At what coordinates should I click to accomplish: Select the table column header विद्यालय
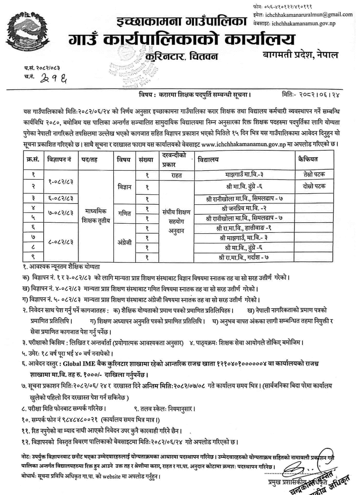pyautogui.click(x=208, y=159)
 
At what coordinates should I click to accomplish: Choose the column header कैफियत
pyautogui.click(x=308, y=159)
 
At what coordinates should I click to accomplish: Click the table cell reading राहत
pyautogui.click(x=176, y=175)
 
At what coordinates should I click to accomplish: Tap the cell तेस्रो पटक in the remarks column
pyautogui.click(x=314, y=174)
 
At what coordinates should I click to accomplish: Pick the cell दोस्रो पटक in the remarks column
pyautogui.click(x=314, y=186)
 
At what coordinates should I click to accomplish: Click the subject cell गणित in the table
pyautogui.click(x=124, y=213)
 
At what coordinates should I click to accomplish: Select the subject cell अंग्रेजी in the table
pyautogui.click(x=124, y=242)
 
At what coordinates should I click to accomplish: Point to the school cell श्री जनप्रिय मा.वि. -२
pyautogui.click(x=244, y=208)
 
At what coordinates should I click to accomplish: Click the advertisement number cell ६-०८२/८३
pyautogui.click(x=60, y=198)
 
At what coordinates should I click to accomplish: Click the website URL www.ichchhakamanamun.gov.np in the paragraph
pyautogui.click(x=243, y=144)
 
